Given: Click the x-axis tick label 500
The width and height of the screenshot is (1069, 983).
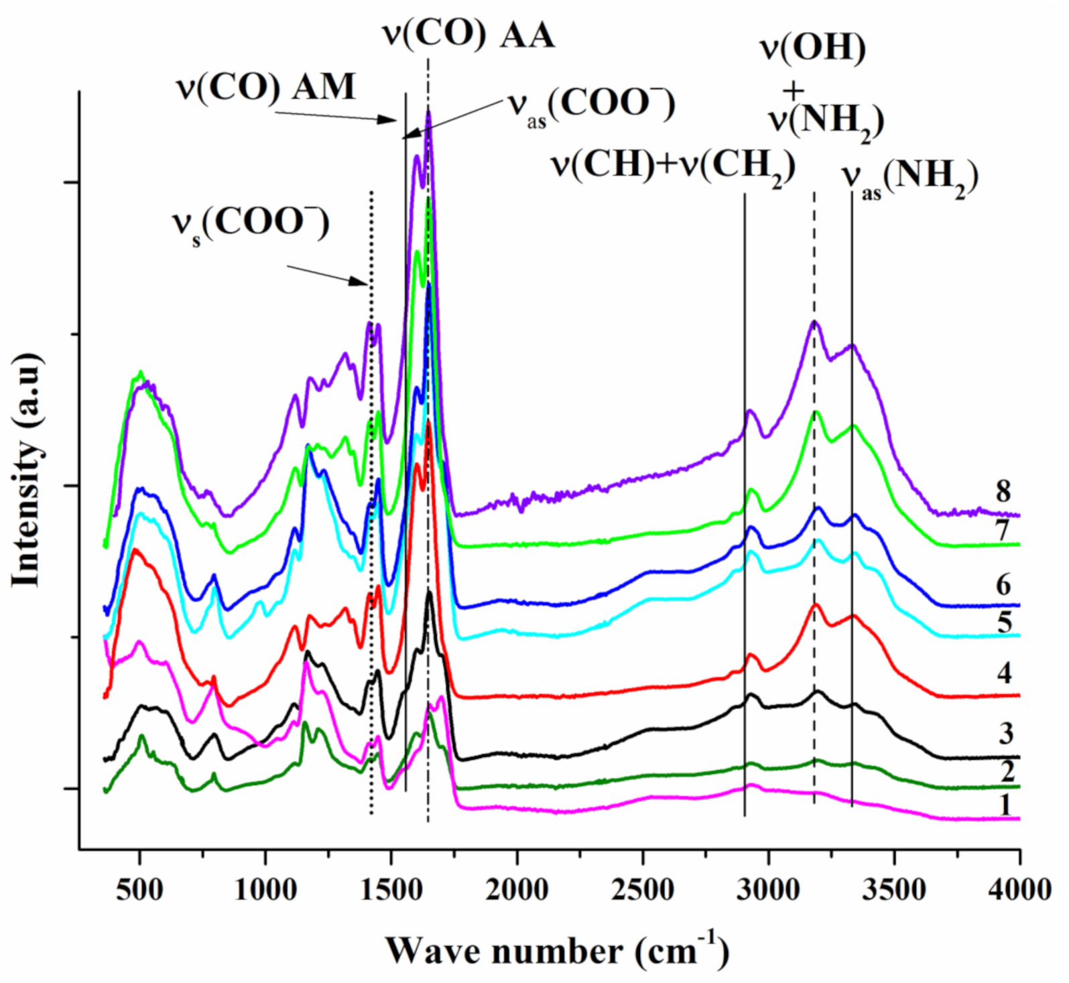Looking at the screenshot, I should click(x=139, y=891).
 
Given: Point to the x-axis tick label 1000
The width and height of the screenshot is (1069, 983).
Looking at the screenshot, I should click(x=265, y=891).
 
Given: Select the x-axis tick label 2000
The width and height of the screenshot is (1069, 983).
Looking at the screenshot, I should click(x=517, y=891).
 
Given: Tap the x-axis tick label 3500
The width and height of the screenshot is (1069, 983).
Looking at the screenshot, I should click(x=894, y=891).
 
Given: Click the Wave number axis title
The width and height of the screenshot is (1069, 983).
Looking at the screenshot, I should click(x=556, y=949).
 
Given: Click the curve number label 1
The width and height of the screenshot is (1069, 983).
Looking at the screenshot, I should click(x=1004, y=805).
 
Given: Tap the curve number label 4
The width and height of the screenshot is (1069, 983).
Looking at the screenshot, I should click(x=1003, y=673).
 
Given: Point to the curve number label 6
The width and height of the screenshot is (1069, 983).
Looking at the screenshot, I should click(x=1003, y=585).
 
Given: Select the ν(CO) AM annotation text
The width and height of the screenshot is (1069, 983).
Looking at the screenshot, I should click(x=265, y=87).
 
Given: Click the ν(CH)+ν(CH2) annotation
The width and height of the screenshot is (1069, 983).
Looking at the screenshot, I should click(x=672, y=166).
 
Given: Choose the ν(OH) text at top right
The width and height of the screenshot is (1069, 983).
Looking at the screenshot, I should click(x=812, y=48).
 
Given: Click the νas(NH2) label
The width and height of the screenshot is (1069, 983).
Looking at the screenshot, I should click(x=909, y=178).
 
